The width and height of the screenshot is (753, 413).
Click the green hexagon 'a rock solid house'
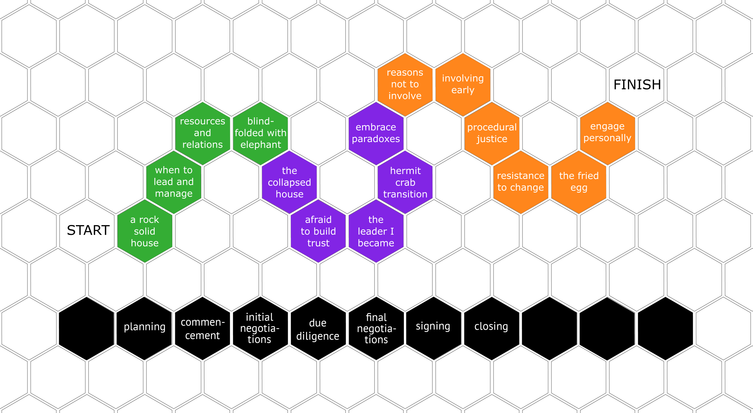[145, 231]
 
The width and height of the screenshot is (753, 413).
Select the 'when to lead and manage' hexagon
[174, 182]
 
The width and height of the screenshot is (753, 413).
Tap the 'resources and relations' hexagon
[203, 133]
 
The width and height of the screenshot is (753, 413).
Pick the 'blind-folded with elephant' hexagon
[260, 133]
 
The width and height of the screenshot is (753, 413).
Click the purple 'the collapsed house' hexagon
[289, 182]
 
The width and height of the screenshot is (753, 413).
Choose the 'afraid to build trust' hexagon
[318, 231]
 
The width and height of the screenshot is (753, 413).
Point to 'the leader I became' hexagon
[376, 231]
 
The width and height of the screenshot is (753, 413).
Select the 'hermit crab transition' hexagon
[405, 182]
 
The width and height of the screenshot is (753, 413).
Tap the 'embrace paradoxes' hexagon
[376, 133]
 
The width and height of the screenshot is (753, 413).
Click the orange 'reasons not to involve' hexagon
[405, 84]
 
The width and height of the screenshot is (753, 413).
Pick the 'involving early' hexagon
[463, 84]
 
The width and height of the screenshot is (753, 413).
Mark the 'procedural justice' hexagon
[492, 133]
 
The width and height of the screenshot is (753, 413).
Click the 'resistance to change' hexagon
[521, 182]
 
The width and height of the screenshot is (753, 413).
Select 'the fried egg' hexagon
[579, 182]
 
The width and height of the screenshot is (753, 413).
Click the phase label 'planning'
[145, 327]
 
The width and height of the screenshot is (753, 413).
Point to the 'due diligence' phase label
[318, 329]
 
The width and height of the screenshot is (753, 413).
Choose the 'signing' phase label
[433, 326]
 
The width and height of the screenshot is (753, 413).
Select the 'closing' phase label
[491, 326]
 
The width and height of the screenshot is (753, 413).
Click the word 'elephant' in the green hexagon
[261, 145]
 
